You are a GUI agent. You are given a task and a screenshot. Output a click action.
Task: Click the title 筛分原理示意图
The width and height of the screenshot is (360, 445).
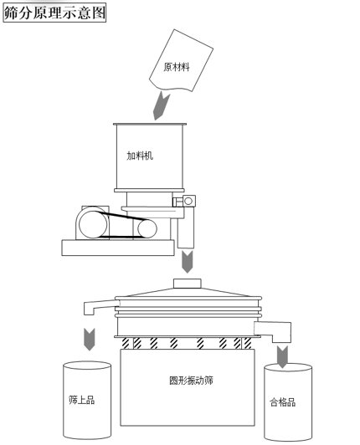coord(54,13)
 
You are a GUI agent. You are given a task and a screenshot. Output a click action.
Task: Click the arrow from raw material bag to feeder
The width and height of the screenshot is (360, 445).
coord(162,105)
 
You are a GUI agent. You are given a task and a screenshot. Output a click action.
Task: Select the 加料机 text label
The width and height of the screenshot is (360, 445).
coord(139,156)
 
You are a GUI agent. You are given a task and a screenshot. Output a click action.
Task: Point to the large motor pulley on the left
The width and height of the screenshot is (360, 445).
coord(89,222)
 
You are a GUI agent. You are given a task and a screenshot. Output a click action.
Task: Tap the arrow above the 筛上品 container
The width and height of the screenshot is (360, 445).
coord(88,340)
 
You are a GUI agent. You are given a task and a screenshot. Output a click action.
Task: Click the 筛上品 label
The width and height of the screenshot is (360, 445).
coord(81,400)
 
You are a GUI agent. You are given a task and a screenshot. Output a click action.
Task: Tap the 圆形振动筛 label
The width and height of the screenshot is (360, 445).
coord(187,379)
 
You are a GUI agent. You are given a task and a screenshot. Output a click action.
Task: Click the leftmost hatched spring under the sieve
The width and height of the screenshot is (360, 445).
coord(128,343)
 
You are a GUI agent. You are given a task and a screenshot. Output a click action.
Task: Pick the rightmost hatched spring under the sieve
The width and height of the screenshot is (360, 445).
coord(249,343)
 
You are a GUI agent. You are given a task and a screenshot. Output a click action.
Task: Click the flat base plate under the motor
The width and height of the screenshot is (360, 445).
coord(118,246)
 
